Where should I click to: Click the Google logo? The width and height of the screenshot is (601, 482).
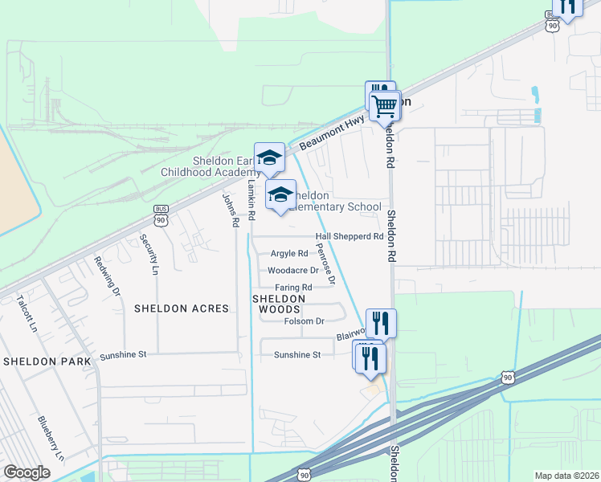pyautogui.click(x=27, y=472)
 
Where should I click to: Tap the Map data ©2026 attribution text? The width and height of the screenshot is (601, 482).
pyautogui.click(x=566, y=476)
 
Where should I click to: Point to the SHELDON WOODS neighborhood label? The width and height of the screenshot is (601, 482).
pyautogui.click(x=280, y=304)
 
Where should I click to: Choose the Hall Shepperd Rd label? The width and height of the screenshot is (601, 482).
pyautogui.click(x=350, y=237)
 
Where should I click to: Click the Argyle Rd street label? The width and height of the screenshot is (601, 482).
pyautogui.click(x=289, y=254)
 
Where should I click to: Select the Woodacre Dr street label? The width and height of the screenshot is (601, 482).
pyautogui.click(x=293, y=271)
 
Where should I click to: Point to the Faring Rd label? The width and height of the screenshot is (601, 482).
pyautogui.click(x=293, y=287)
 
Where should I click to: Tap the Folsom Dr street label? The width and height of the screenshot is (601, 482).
pyautogui.click(x=304, y=321)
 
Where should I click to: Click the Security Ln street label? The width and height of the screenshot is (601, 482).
pyautogui.click(x=147, y=254)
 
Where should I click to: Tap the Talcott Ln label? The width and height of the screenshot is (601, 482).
pyautogui.click(x=27, y=313)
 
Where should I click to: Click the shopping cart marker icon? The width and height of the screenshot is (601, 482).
pyautogui.click(x=385, y=105)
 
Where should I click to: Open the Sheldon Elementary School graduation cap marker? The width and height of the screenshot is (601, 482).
pyautogui.click(x=280, y=195)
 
